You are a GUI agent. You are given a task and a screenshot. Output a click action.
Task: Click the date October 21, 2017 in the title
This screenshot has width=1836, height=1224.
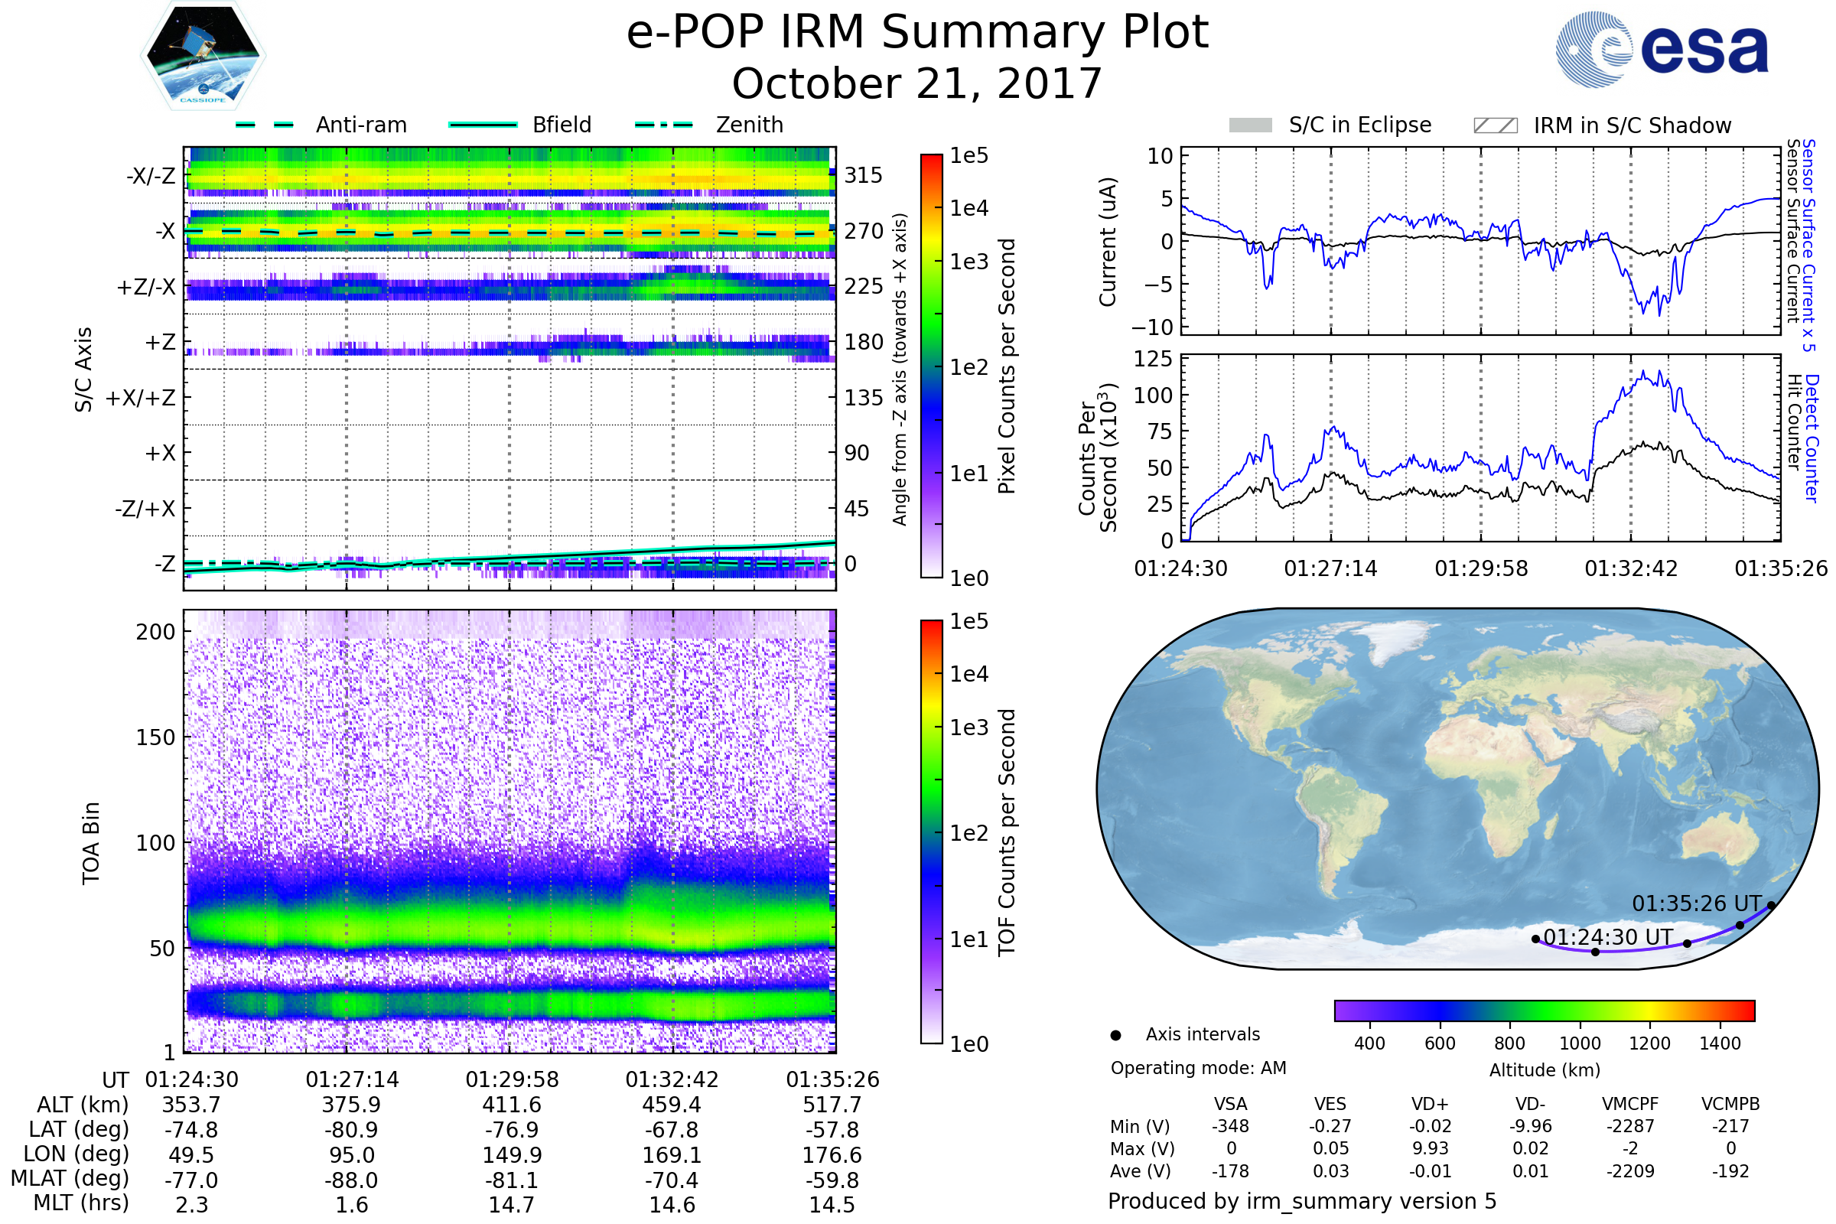click(x=916, y=83)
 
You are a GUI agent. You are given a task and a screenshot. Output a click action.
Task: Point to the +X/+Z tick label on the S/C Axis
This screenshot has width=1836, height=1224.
click(x=141, y=398)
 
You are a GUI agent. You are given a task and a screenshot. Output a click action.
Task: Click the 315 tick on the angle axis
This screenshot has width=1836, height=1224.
click(x=863, y=175)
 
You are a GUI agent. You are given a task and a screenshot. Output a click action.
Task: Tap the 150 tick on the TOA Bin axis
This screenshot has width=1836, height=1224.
click(x=155, y=737)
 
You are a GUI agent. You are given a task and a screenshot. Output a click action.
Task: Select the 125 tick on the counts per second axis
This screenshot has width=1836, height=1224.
click(x=1153, y=359)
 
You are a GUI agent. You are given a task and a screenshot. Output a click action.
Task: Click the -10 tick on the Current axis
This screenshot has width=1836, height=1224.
click(x=1152, y=327)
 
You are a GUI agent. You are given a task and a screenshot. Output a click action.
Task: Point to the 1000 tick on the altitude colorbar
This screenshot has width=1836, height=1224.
click(x=1579, y=1043)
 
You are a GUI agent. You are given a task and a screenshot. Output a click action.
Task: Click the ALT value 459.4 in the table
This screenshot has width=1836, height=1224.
click(x=672, y=1105)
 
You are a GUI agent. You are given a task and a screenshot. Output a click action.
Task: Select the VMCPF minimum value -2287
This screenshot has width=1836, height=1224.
click(x=1630, y=1126)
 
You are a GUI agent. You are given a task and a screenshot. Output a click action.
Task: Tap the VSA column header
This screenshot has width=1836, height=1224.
click(x=1230, y=1105)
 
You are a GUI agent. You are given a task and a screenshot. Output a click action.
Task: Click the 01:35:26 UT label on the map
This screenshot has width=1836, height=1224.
click(x=1696, y=904)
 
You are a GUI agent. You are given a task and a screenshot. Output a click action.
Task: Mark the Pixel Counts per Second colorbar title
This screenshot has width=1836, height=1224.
click(x=1007, y=366)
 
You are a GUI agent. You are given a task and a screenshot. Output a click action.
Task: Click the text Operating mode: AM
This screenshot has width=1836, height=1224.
click(x=1198, y=1068)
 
